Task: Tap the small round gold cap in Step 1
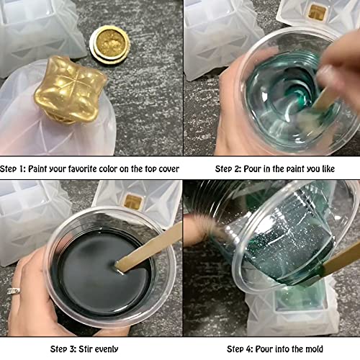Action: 107,44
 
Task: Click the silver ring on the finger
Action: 14,290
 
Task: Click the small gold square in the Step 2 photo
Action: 318,12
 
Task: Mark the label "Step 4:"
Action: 242,349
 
